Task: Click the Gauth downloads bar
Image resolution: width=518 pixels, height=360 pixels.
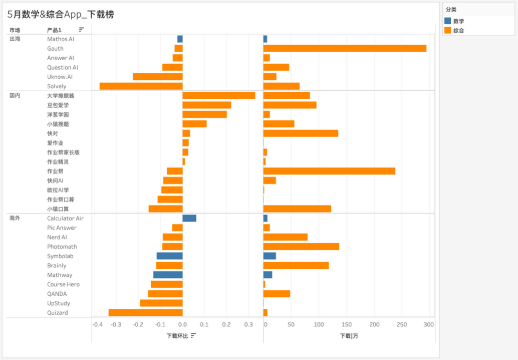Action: tap(345, 49)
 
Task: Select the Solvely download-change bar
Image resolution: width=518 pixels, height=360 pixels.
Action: tap(141, 86)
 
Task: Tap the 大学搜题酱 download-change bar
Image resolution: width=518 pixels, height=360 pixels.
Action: tap(218, 96)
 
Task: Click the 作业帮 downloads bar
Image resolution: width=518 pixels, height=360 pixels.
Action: tap(329, 171)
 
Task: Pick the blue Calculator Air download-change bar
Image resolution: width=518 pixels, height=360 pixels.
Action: tap(189, 218)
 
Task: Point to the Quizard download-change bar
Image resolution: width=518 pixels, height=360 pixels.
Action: tap(145, 312)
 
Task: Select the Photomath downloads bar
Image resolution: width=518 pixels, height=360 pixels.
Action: tap(301, 247)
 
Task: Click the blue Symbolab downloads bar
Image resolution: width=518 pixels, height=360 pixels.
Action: tap(270, 256)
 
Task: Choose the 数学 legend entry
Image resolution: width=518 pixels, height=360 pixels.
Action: tap(458, 21)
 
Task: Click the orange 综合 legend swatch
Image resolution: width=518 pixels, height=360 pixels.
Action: tap(448, 31)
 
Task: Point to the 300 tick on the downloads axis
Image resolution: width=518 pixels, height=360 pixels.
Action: tap(428, 324)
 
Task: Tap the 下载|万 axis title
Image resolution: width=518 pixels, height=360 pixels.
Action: tap(349, 335)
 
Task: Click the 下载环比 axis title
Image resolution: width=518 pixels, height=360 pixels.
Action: tap(177, 335)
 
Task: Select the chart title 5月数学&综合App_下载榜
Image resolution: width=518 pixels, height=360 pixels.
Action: tap(61, 15)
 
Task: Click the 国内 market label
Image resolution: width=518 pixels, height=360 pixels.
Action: tap(15, 95)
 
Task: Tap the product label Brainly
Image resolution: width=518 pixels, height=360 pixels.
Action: tap(57, 265)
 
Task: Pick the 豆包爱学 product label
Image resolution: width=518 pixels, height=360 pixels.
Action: tap(58, 105)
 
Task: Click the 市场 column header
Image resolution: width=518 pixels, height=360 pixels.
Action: tap(15, 30)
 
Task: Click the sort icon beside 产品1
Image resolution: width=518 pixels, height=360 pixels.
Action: tap(82, 30)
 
